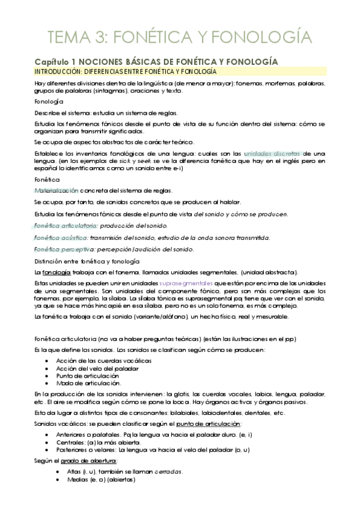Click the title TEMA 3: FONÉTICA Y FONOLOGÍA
click(180, 37)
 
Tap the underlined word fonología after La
click(53, 272)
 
